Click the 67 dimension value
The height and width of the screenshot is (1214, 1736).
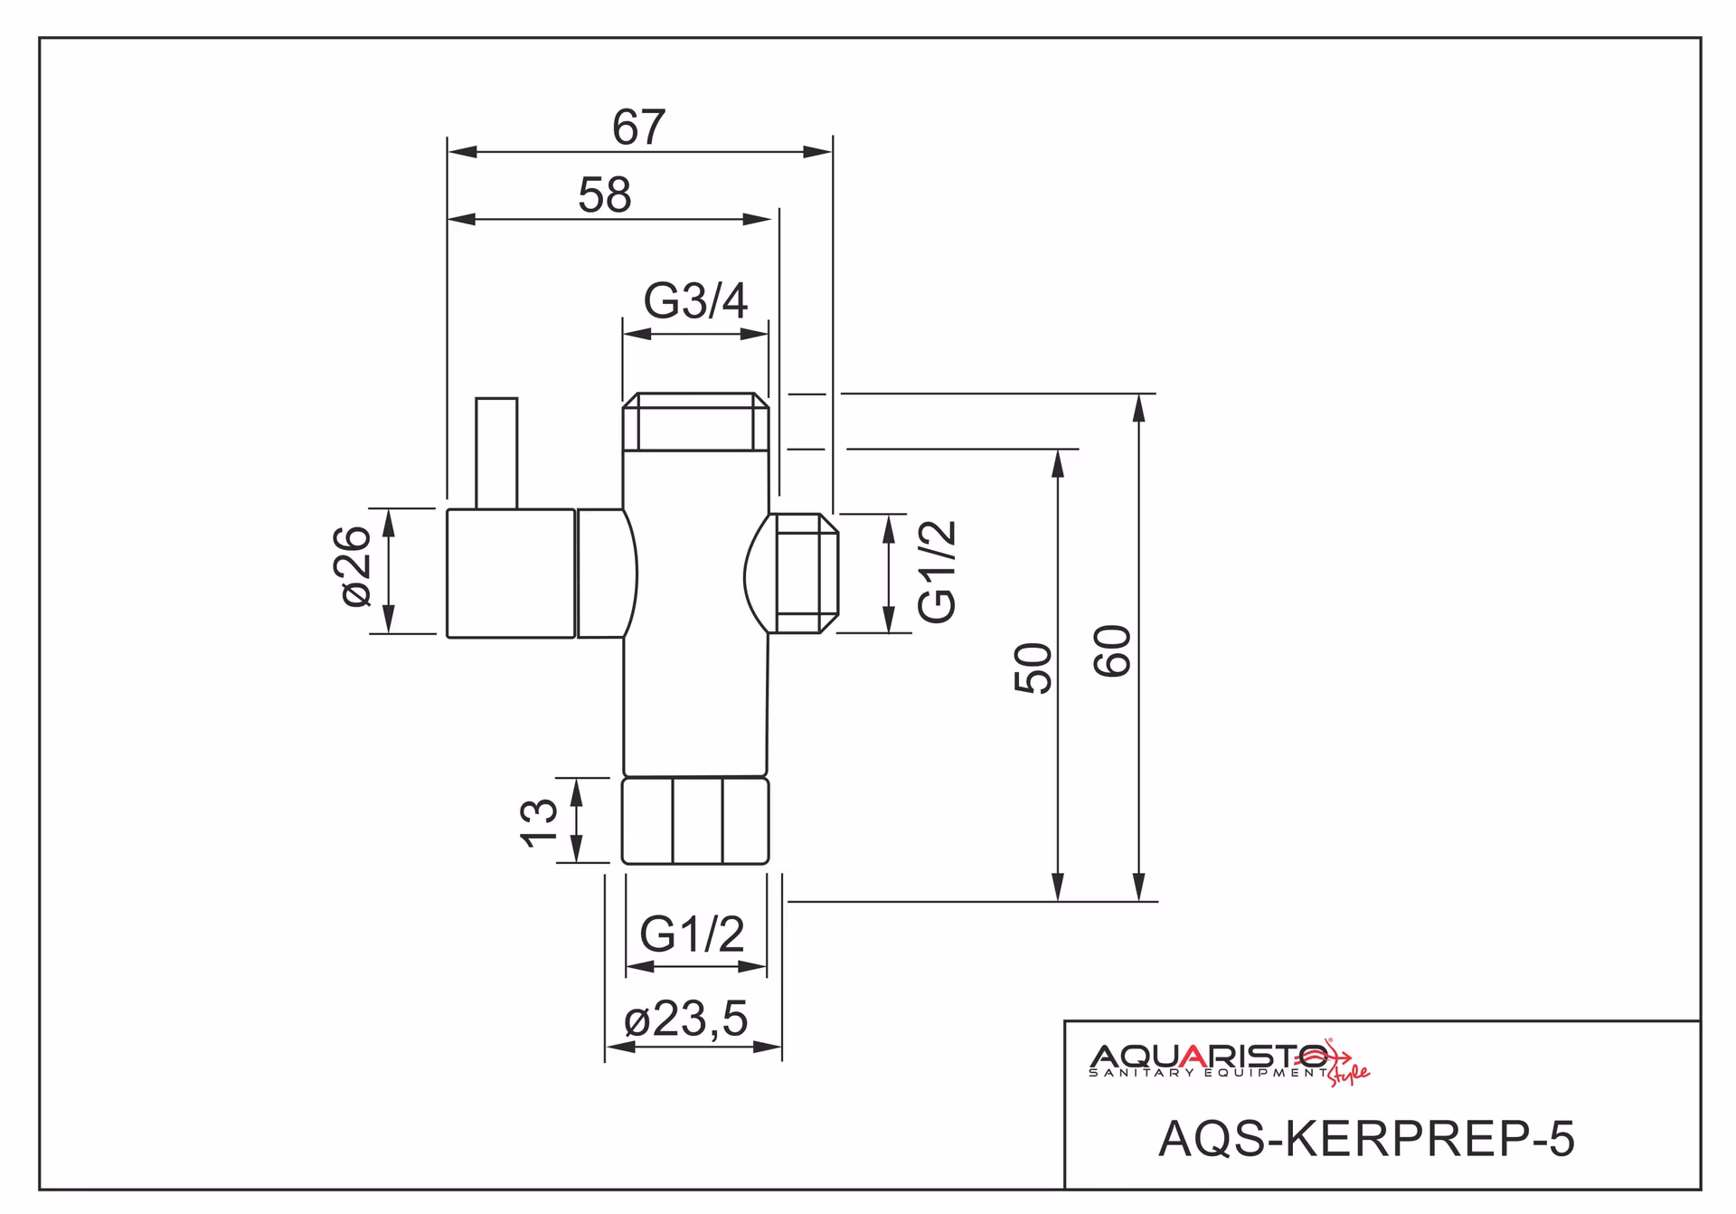pyautogui.click(x=639, y=128)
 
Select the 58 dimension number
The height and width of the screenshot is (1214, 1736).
pyautogui.click(x=605, y=195)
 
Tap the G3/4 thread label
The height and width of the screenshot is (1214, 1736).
pyautogui.click(x=695, y=301)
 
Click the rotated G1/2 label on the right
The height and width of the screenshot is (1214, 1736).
pyautogui.click(x=937, y=572)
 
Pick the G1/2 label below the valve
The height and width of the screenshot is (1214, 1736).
pyautogui.click(x=692, y=934)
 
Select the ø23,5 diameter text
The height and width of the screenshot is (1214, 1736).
pyautogui.click(x=686, y=1020)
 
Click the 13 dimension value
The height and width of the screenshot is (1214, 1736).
pyautogui.click(x=540, y=822)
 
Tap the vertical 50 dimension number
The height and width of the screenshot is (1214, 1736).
pyautogui.click(x=1033, y=669)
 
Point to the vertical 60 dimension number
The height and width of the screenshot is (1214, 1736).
pyautogui.click(x=1113, y=651)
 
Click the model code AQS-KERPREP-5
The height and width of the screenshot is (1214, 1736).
pyautogui.click(x=1366, y=1138)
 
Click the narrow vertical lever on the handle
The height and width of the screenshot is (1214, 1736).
pyautogui.click(x=496, y=453)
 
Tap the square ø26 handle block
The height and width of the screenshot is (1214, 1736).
pyautogui.click(x=511, y=574)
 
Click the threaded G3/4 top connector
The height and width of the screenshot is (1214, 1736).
pyautogui.click(x=695, y=422)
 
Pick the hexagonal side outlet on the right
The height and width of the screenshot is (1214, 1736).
pyautogui.click(x=803, y=574)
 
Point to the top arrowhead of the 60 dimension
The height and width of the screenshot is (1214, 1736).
pyautogui.click(x=1139, y=408)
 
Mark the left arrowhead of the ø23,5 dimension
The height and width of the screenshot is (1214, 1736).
pyautogui.click(x=620, y=1047)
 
